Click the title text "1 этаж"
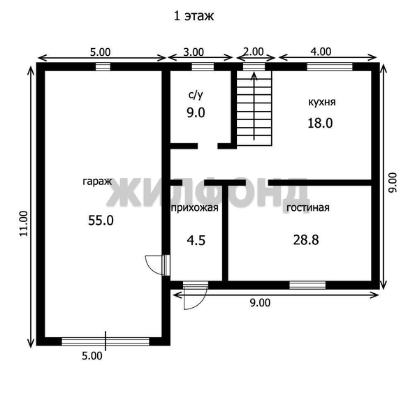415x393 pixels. click(x=194, y=15)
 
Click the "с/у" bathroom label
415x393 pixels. click(x=196, y=94)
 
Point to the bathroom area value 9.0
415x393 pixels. click(x=196, y=112)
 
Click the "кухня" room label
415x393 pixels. click(x=321, y=102)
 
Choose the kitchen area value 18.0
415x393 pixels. click(x=321, y=123)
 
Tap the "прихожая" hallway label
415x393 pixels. click(x=195, y=207)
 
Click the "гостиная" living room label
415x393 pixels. click(x=307, y=207)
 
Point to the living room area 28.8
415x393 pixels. click(x=306, y=239)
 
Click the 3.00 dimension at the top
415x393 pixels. click(x=194, y=51)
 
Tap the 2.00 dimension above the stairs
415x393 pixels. click(x=254, y=51)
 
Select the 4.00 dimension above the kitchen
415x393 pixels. click(x=321, y=51)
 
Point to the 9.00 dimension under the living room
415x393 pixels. click(x=260, y=302)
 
